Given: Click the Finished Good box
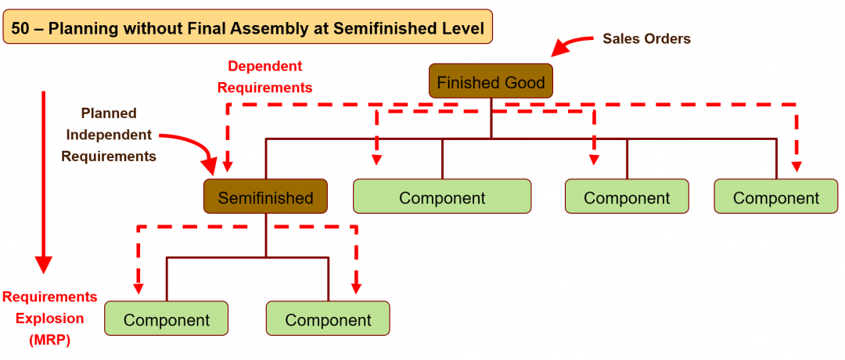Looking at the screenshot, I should point(491,81).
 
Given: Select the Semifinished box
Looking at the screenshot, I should point(265,197).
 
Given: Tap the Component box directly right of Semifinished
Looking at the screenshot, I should point(442,197).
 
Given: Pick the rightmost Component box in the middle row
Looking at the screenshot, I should point(775,197).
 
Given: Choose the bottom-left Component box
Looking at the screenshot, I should point(166,319).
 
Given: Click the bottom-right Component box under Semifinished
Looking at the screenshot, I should point(328,319).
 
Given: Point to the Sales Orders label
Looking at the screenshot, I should point(646,38).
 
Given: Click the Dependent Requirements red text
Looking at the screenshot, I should point(264,77).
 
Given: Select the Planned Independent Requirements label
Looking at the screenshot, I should point(109,135).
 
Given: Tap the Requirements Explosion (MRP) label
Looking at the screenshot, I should point(50,319).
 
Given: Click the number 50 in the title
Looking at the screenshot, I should point(21,30).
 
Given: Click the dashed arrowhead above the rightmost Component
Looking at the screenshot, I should point(796,166).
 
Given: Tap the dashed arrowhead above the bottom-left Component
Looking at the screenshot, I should point(138,288).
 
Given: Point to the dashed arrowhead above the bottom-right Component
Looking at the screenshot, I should point(357,288).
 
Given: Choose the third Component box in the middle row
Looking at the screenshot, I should point(627,197).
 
